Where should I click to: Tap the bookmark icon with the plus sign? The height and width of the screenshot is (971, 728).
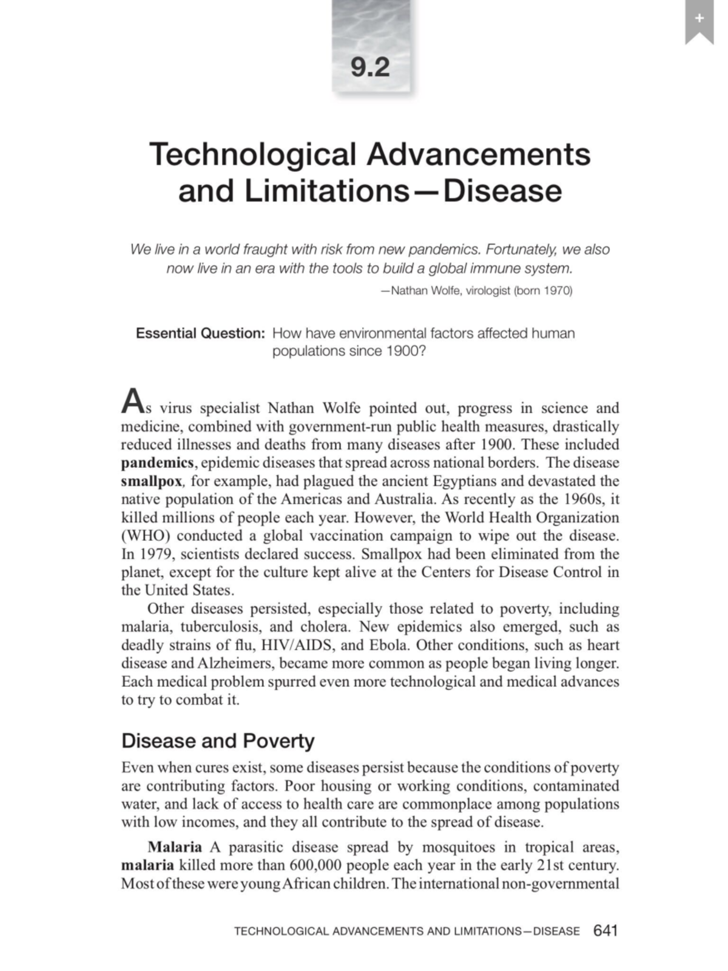pyautogui.click(x=699, y=22)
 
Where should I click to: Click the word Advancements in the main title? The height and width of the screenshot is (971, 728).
pyautogui.click(x=479, y=154)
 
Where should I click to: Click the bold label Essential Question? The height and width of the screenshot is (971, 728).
pyautogui.click(x=200, y=333)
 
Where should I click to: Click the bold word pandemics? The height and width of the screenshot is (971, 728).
pyautogui.click(x=157, y=463)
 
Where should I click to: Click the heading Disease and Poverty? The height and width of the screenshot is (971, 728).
pyautogui.click(x=218, y=741)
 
